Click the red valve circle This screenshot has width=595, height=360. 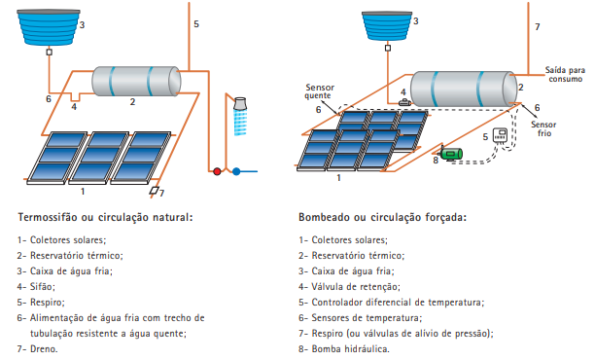click(217, 171)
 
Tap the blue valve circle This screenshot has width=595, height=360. click(236, 171)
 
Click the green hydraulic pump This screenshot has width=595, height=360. click(451, 154)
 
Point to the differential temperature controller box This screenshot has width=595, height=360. click(500, 135)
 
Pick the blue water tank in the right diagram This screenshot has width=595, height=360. click(387, 26)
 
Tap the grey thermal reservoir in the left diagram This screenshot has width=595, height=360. click(136, 82)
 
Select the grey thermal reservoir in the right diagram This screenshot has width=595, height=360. click(464, 89)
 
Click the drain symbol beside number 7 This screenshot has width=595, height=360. click(154, 191)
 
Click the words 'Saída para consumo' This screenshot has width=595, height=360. click(565, 74)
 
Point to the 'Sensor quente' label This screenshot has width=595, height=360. click(320, 91)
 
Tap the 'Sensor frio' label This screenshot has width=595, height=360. click(543, 128)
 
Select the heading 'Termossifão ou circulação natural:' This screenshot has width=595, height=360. click(106, 218)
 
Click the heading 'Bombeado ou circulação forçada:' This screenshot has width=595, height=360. click(382, 218)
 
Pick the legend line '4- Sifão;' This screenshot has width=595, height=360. click(36, 287)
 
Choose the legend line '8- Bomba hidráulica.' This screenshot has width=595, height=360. click(344, 348)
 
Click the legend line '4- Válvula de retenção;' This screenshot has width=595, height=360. click(349, 287)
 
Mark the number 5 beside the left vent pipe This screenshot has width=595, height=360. click(196, 24)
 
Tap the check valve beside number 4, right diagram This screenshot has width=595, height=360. click(404, 102)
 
